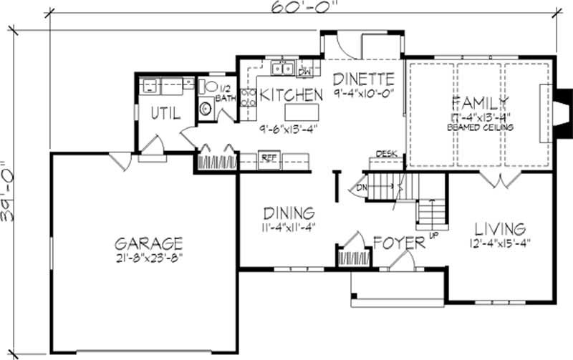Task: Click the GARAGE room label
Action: pos(147,243)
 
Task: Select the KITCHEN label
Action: pos(291,94)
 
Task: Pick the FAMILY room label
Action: pos(479,101)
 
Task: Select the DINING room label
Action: pos(289,213)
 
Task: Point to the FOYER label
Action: pos(398,243)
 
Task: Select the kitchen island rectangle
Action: pos(301,113)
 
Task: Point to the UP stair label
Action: pos(433,235)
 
